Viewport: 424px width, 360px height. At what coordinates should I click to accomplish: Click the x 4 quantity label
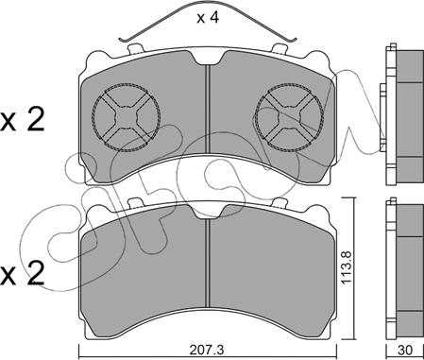tap(208, 18)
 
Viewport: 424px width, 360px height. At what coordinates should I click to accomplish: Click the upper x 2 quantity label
tap(23, 120)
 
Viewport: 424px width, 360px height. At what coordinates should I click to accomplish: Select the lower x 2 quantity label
tap(23, 275)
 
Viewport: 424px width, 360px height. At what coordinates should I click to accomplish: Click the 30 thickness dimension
tap(405, 350)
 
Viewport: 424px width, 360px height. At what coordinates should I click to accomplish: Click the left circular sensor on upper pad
tap(126, 117)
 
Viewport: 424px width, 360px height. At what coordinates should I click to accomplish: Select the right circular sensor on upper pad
tap(289, 117)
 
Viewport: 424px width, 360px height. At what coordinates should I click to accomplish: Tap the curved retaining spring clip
tap(208, 7)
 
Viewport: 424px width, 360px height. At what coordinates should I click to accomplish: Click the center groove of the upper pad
tap(208, 111)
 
